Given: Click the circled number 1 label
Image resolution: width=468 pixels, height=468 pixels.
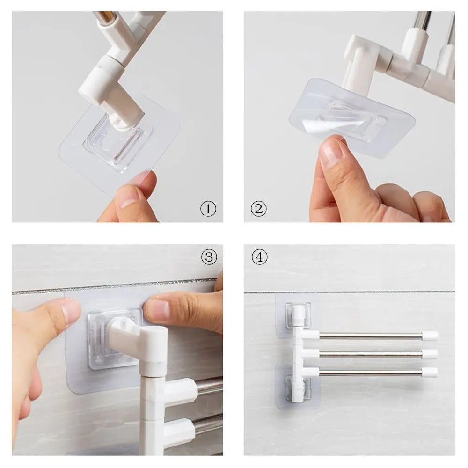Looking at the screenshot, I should pyautogui.click(x=208, y=209).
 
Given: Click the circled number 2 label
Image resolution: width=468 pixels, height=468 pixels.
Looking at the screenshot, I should pyautogui.click(x=258, y=209).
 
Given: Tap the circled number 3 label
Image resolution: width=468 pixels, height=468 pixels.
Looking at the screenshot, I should pyautogui.click(x=209, y=256).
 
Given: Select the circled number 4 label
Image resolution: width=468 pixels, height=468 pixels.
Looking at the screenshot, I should pyautogui.click(x=259, y=257).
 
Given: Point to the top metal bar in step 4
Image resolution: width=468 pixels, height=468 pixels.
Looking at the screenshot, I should pyautogui.click(x=370, y=336).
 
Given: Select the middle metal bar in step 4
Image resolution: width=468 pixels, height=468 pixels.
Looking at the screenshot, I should pyautogui.click(x=370, y=354).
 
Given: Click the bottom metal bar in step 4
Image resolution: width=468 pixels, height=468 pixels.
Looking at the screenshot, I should pyautogui.click(x=370, y=373).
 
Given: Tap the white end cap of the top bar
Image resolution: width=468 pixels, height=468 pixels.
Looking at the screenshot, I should pyautogui.click(x=430, y=336).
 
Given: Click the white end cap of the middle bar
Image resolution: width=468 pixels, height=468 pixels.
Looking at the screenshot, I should pyautogui.click(x=430, y=354).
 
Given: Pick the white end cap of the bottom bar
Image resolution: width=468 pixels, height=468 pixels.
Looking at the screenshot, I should pyautogui.click(x=430, y=373).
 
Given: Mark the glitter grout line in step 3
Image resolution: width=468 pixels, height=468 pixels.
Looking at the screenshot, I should pyautogui.click(x=117, y=285).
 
